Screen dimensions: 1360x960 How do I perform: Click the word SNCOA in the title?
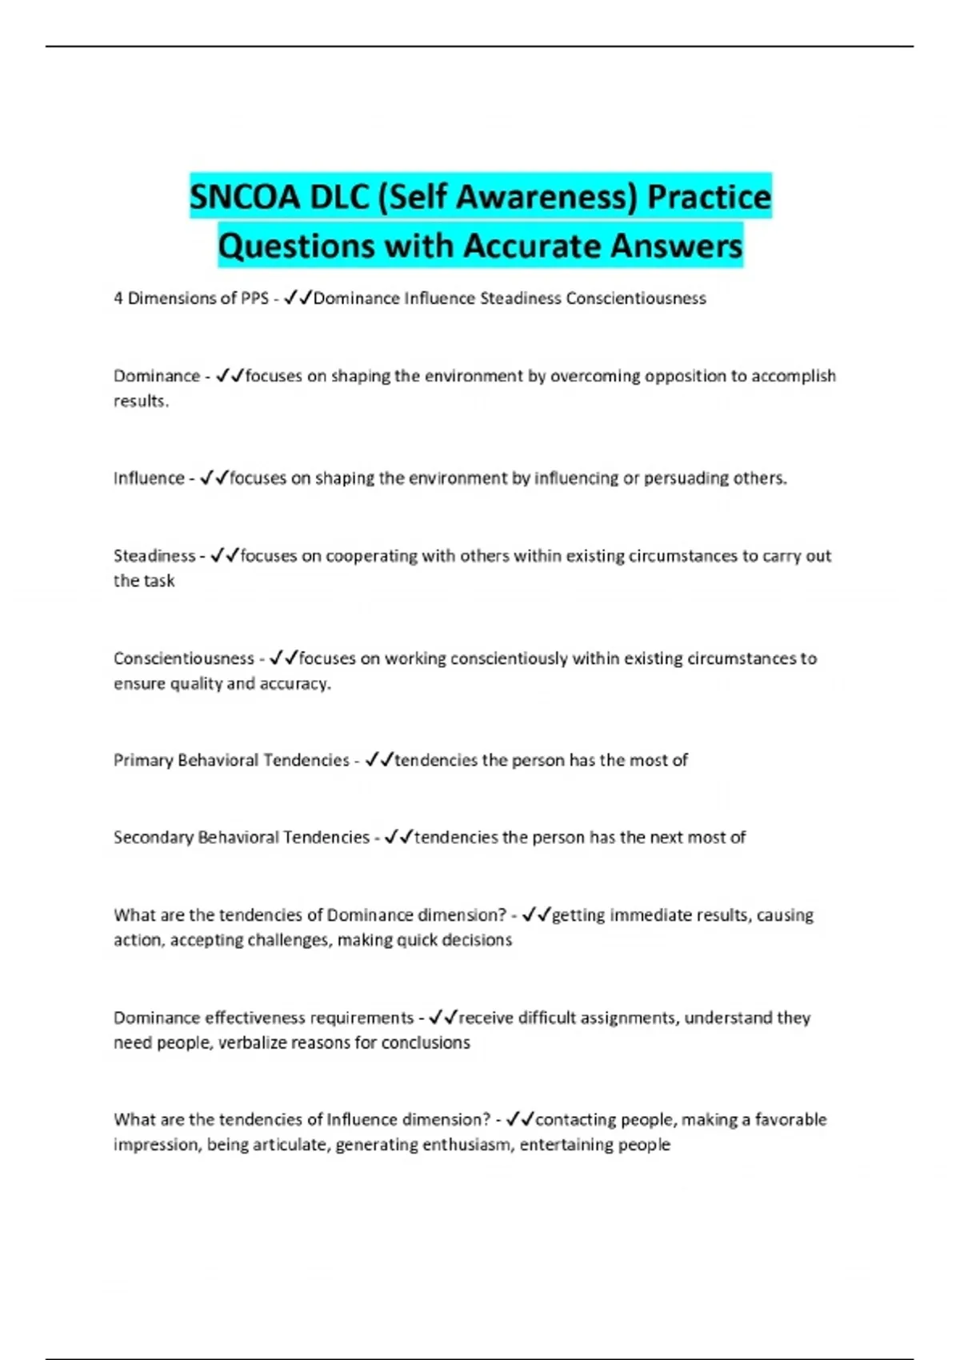(x=244, y=197)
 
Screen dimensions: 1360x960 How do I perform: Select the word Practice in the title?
(x=709, y=197)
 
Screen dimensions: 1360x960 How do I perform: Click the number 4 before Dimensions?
(x=118, y=298)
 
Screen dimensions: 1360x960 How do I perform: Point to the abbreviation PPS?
(x=254, y=298)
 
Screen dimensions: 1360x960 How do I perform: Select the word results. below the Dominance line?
(x=141, y=401)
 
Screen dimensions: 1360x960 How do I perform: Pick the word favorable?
(x=790, y=1119)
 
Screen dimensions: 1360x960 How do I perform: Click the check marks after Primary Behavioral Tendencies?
(x=378, y=760)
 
